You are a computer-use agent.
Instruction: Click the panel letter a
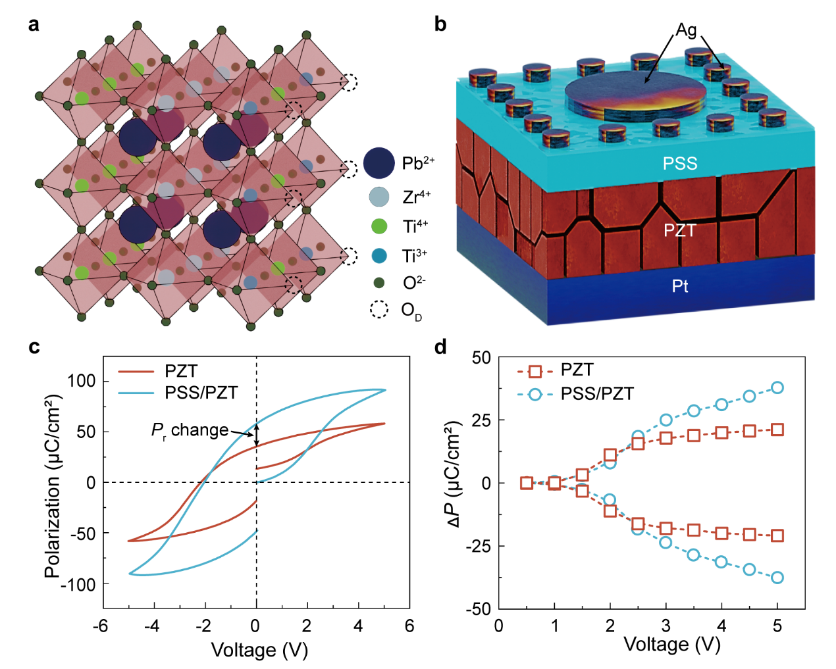(x=34, y=25)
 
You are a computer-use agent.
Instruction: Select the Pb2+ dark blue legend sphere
(x=379, y=163)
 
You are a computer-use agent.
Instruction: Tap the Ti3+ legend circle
(x=379, y=256)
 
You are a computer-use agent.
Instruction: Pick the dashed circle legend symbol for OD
(x=379, y=309)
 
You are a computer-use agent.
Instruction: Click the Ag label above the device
(x=686, y=30)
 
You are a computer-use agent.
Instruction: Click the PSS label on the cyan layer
(x=679, y=163)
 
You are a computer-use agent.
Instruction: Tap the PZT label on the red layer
(x=679, y=230)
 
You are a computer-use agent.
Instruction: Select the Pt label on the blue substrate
(x=680, y=286)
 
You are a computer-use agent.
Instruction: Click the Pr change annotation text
(x=190, y=430)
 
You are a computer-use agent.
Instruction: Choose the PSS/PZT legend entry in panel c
(x=200, y=393)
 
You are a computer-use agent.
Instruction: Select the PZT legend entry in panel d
(x=577, y=370)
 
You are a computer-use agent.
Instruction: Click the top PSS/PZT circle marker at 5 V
(x=777, y=387)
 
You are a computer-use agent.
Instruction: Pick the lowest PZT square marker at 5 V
(x=777, y=535)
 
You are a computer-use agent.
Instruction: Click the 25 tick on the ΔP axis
(x=481, y=420)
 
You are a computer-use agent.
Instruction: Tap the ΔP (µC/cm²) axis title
(x=454, y=474)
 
